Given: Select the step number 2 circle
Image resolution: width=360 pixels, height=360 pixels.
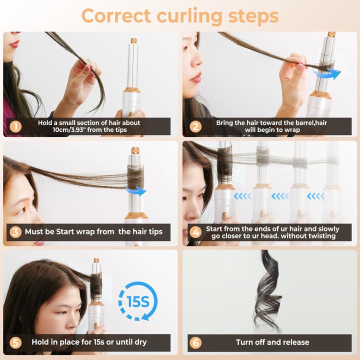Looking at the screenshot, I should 195,126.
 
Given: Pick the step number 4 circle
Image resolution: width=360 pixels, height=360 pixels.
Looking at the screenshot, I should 195,232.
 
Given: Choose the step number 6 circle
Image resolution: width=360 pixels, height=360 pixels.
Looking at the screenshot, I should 195,342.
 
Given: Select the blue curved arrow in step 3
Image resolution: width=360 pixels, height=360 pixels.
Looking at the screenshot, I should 135,190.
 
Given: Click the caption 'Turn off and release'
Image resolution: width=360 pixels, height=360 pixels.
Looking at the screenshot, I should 272,342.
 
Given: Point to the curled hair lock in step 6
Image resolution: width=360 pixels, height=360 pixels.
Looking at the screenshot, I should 268,290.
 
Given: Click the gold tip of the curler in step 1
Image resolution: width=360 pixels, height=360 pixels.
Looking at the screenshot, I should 133,40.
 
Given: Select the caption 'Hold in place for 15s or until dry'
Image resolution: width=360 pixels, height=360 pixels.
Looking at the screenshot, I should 89,342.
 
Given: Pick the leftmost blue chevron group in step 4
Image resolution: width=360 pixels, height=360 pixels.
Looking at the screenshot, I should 243,196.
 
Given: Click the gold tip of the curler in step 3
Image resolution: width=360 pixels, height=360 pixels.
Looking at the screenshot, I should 135,150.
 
